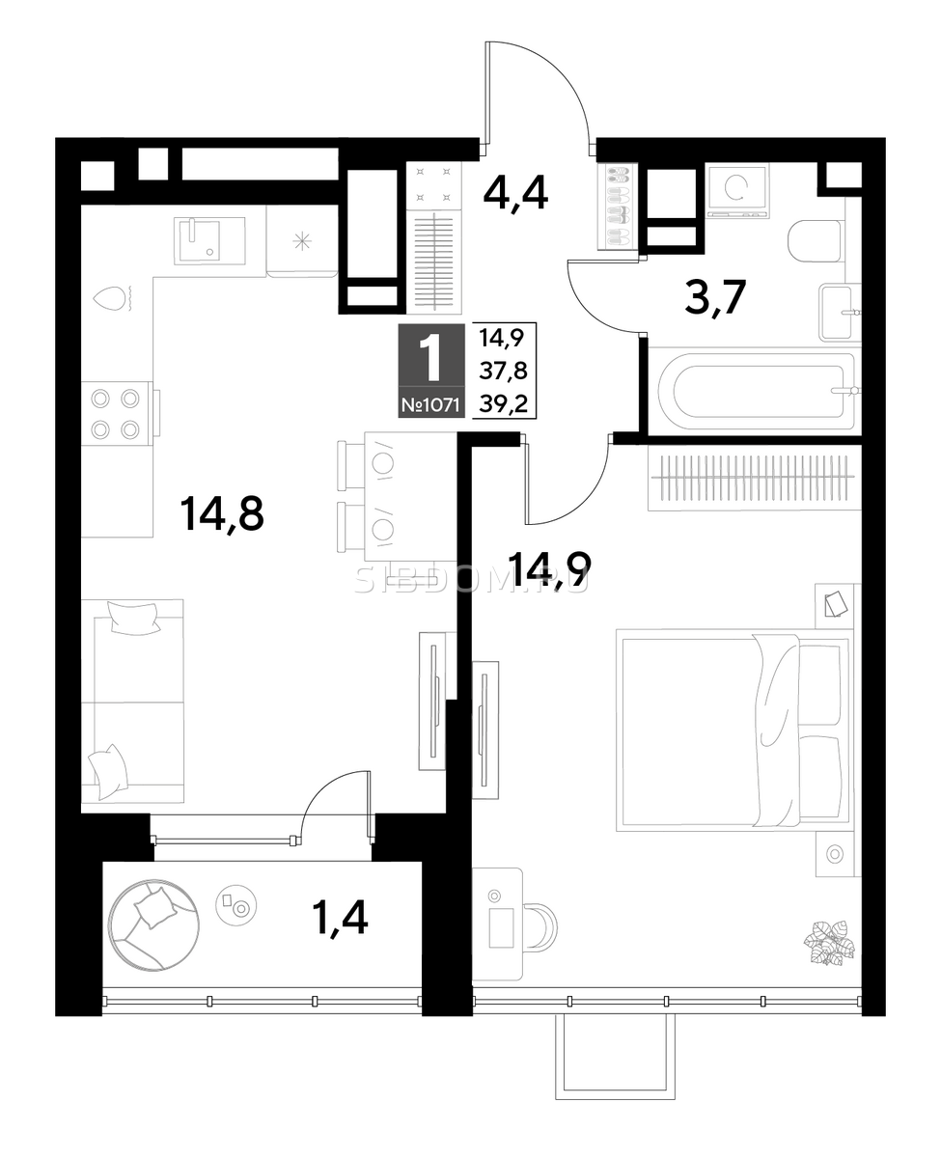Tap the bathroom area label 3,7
[x=715, y=297]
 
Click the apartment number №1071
[x=431, y=404]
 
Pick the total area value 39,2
[x=504, y=404]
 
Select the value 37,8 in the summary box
[x=504, y=372]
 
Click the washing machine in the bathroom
[x=737, y=191]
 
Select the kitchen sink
[x=209, y=241]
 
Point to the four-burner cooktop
[x=115, y=414]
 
